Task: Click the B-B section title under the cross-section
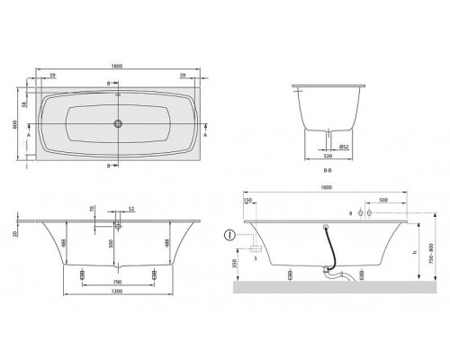(336, 166)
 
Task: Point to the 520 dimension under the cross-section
(336, 155)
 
